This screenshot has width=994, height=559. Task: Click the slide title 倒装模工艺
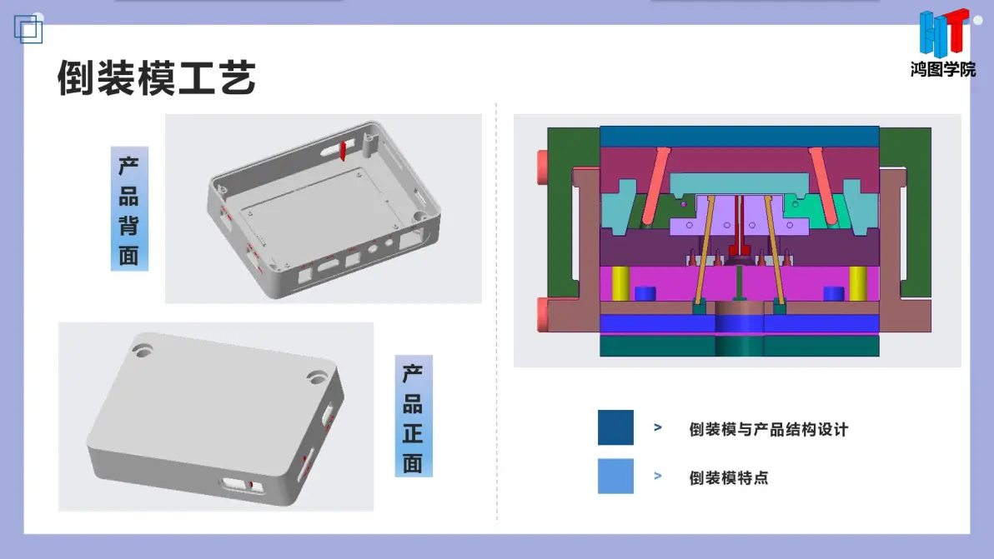157,77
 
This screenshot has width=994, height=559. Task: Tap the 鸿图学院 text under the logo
942,69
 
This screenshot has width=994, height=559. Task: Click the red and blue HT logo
944,33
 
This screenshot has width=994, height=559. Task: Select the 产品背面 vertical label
129,209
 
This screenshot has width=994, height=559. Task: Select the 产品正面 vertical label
414,416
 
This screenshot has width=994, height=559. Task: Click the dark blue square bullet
615,427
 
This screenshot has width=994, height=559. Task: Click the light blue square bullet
615,476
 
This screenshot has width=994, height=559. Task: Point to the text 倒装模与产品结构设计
768,429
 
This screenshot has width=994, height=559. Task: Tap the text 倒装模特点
728,477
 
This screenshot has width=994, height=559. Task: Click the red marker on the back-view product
343,151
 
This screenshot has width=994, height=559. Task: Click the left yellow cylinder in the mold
620,283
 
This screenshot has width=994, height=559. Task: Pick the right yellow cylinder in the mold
858,283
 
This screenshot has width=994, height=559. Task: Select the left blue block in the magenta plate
645,293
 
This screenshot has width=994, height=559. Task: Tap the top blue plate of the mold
739,137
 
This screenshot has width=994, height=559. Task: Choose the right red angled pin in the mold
823,184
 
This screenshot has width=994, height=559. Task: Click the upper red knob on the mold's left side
542,167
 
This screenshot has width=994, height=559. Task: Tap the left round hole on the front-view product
143,349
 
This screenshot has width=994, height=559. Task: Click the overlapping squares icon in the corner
28,28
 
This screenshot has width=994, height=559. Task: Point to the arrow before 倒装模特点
657,476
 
